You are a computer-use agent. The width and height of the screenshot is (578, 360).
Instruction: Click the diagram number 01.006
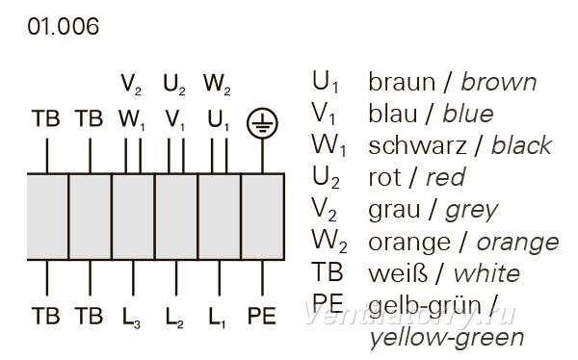tap(63, 27)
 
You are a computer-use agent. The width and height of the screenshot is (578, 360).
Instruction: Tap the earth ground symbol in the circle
tap(262, 123)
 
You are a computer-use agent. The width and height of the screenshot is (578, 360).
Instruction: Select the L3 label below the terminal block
tap(131, 318)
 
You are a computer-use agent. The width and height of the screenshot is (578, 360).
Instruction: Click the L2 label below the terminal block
tap(174, 318)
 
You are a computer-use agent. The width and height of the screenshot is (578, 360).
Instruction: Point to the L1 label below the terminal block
tap(217, 318)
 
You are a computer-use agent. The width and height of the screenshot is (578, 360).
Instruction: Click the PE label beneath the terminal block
tap(262, 316)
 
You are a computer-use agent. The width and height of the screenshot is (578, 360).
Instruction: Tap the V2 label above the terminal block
tap(131, 85)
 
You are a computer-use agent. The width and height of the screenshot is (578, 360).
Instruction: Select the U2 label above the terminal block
tap(174, 85)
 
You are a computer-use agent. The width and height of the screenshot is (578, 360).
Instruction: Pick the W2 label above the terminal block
tap(217, 85)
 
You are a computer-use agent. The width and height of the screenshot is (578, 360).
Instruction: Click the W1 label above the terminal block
tap(132, 120)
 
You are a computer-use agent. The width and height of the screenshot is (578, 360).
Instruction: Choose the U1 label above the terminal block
tap(219, 120)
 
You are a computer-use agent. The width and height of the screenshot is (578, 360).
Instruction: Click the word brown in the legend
tap(499, 82)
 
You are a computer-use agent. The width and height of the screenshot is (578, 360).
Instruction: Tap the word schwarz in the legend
tap(417, 145)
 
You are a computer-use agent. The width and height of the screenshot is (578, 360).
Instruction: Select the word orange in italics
tap(518, 244)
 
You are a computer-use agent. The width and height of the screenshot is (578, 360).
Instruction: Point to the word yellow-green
tap(447, 338)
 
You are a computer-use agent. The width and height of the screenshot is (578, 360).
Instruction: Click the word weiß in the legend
tap(398, 273)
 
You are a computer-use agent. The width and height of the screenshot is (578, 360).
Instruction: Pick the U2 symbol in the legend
tap(326, 178)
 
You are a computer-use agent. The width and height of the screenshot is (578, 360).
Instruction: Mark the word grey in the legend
tap(472, 212)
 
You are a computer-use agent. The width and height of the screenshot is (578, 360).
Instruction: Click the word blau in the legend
tap(393, 114)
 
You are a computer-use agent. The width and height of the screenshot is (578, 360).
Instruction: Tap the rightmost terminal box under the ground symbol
tap(263, 217)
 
